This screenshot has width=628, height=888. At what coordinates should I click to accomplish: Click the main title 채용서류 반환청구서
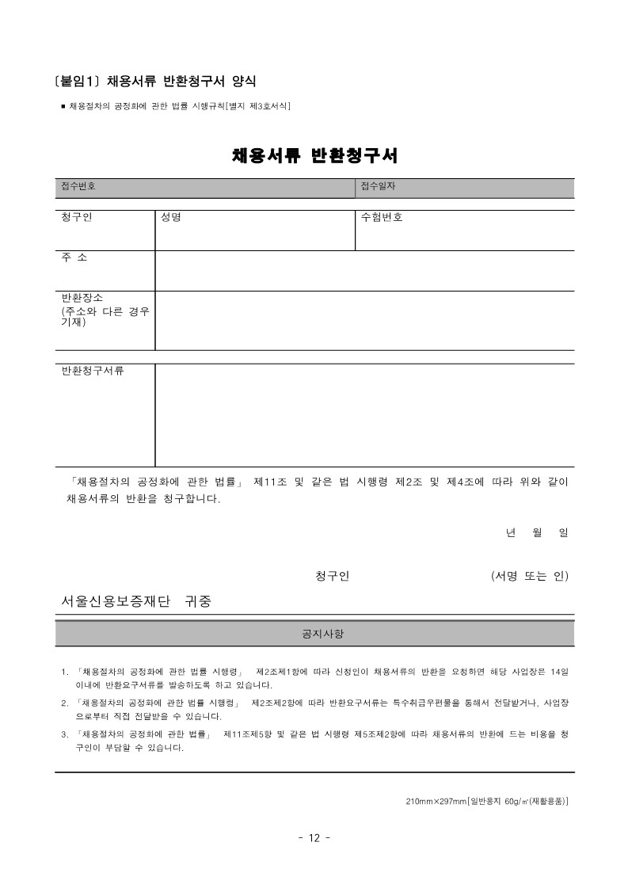pos(314,155)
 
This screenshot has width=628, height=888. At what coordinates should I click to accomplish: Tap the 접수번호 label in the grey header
pos(78,186)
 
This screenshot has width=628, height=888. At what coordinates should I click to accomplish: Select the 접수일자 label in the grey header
pos(378,186)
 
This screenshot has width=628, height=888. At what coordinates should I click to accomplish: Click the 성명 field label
pos(171,217)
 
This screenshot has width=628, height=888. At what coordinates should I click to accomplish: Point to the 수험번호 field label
pos(382,217)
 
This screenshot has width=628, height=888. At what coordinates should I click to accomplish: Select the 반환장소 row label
pos(82,298)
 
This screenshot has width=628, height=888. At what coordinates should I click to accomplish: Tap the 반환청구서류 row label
pos(93,371)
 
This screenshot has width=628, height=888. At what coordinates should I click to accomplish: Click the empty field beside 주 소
pos(364,271)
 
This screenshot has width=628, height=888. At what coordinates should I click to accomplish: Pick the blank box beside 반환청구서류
pos(364,415)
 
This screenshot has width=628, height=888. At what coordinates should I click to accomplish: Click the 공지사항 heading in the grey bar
pos(314,635)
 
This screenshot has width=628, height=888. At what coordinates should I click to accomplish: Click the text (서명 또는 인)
pos(529,575)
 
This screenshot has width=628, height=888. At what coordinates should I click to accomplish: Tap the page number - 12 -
pos(314,839)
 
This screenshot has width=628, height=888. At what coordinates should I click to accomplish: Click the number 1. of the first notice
pos(65,673)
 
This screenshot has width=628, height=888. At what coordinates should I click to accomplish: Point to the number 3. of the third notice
pos(65,734)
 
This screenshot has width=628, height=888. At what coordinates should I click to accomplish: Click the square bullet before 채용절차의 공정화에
pos(63,105)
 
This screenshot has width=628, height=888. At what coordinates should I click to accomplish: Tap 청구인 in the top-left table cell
pos(77,217)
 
